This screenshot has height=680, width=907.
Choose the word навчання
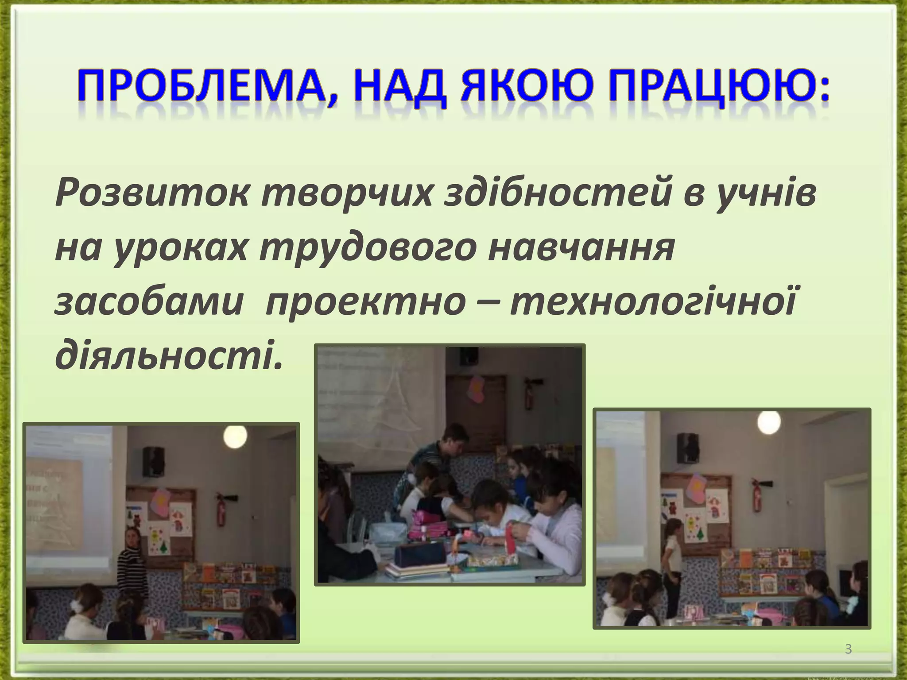581,248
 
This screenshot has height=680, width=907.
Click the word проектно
366,303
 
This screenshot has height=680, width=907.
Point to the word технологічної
653,303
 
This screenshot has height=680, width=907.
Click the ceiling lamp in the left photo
235,437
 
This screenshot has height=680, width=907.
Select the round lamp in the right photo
769,422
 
